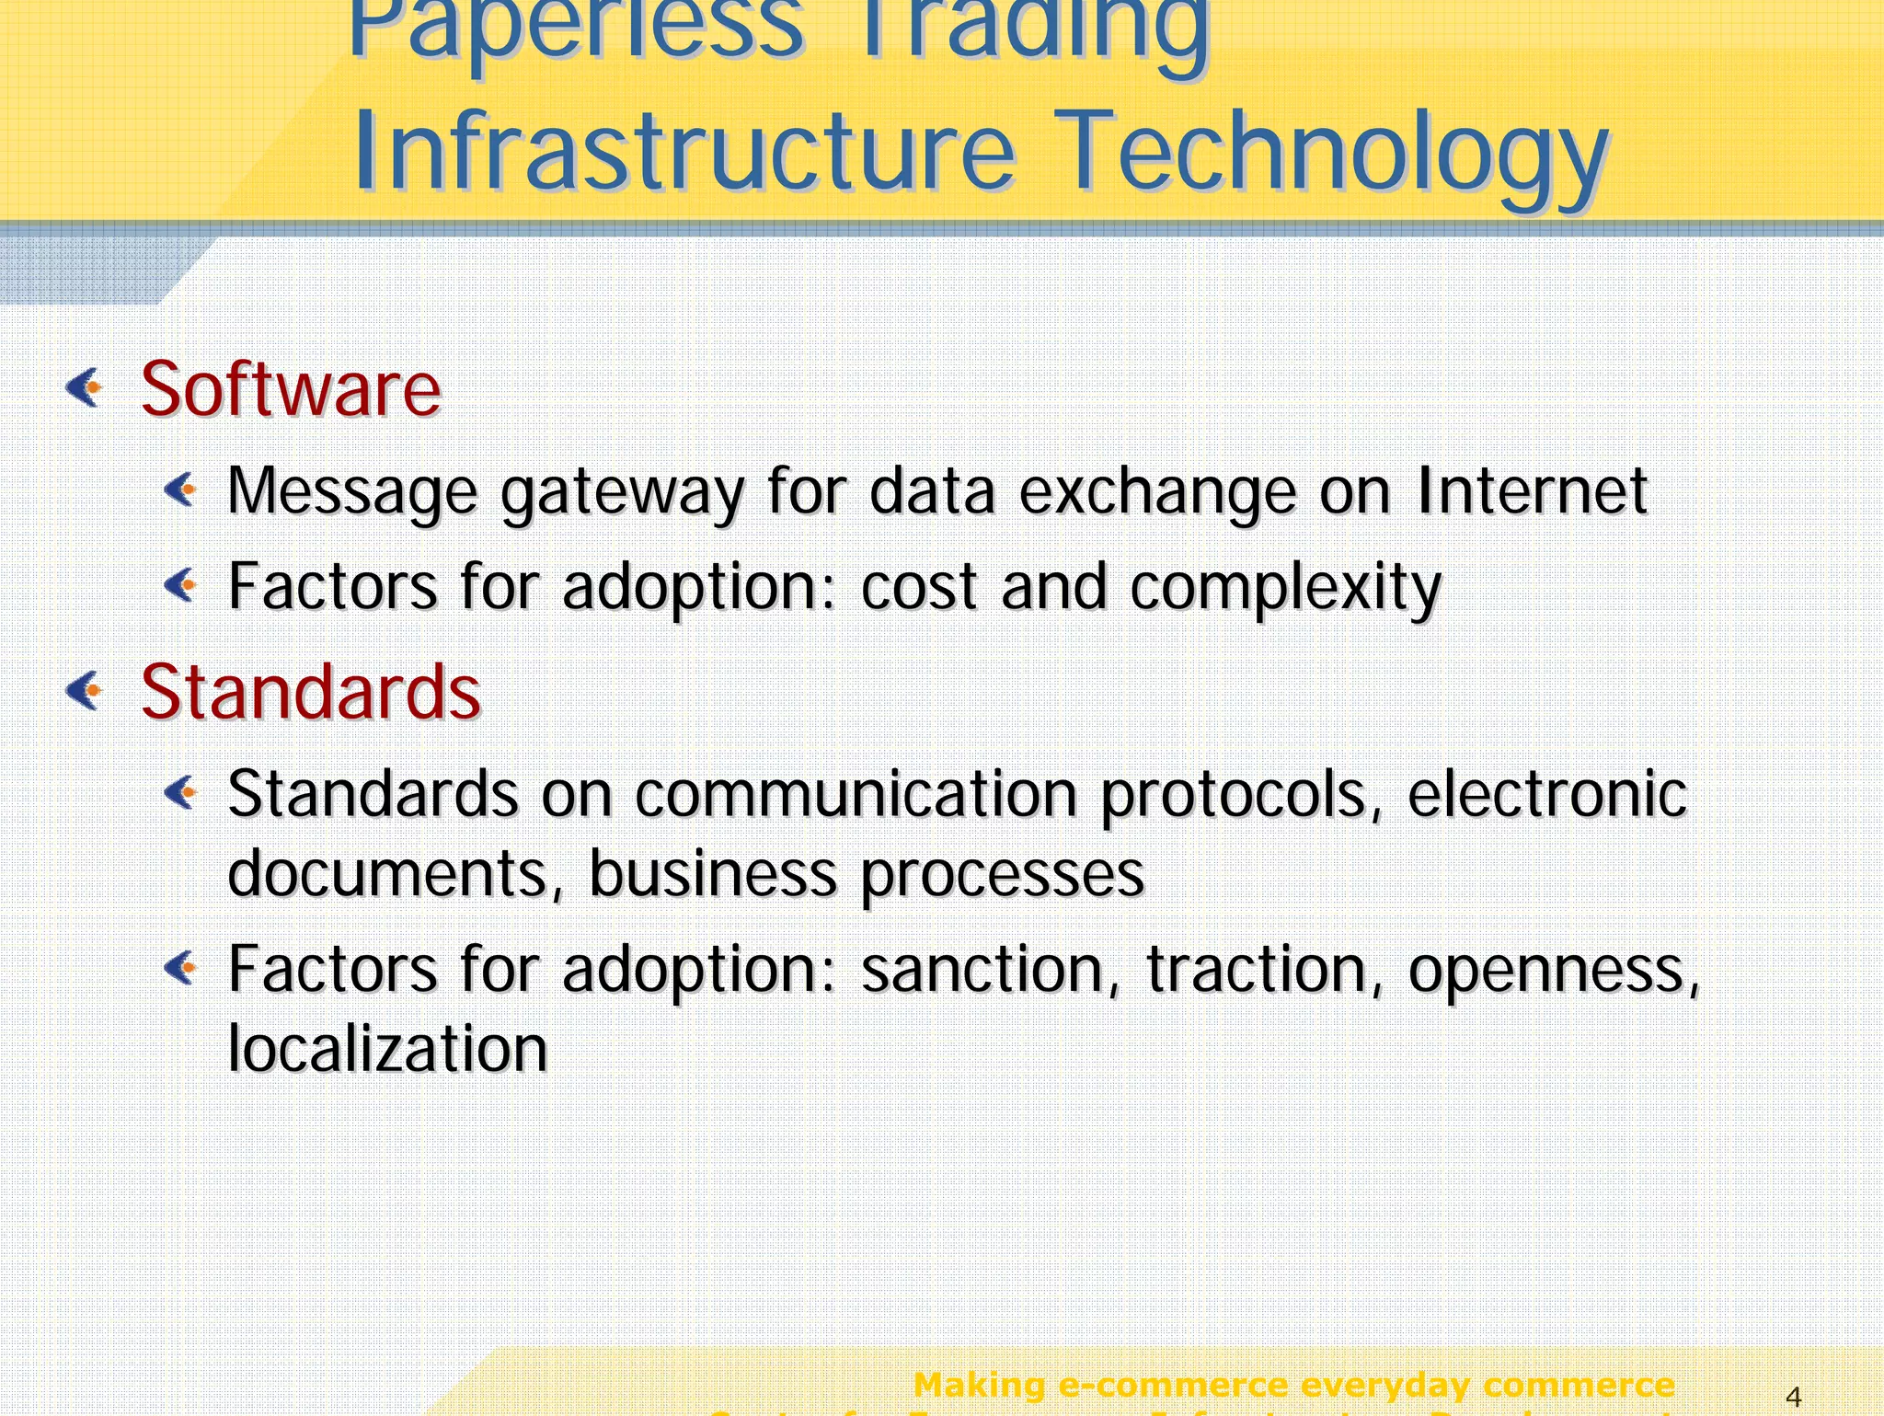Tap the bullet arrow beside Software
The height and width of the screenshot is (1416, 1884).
tap(85, 387)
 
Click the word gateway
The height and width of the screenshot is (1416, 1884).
tap(622, 492)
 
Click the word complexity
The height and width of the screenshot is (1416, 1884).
tap(1285, 589)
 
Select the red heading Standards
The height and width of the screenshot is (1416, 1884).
tap(310, 692)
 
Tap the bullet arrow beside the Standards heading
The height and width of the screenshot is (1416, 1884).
tap(85, 690)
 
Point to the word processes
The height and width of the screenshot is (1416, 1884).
tap(1002, 874)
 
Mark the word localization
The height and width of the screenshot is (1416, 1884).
tap(387, 1048)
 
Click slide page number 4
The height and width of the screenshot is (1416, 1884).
tap(1792, 1398)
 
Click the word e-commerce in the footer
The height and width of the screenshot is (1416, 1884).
tap(1172, 1385)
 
